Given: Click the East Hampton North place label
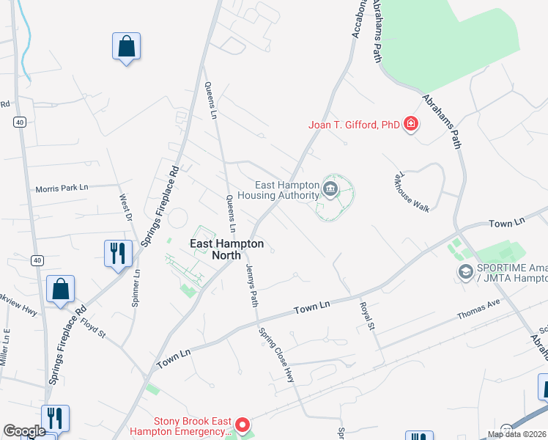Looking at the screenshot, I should [226, 249].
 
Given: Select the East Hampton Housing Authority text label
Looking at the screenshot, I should [288, 191].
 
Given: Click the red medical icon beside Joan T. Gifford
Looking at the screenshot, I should [411, 124].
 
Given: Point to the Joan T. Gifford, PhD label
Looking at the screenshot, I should [353, 125].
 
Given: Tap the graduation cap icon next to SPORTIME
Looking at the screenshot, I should [464, 273].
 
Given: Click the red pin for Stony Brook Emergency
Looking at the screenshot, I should [242, 425].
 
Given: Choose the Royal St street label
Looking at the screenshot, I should [366, 316].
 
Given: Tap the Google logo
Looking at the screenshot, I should [24, 431].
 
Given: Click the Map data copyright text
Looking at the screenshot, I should [517, 434].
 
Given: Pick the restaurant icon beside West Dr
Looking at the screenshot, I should [118, 254].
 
